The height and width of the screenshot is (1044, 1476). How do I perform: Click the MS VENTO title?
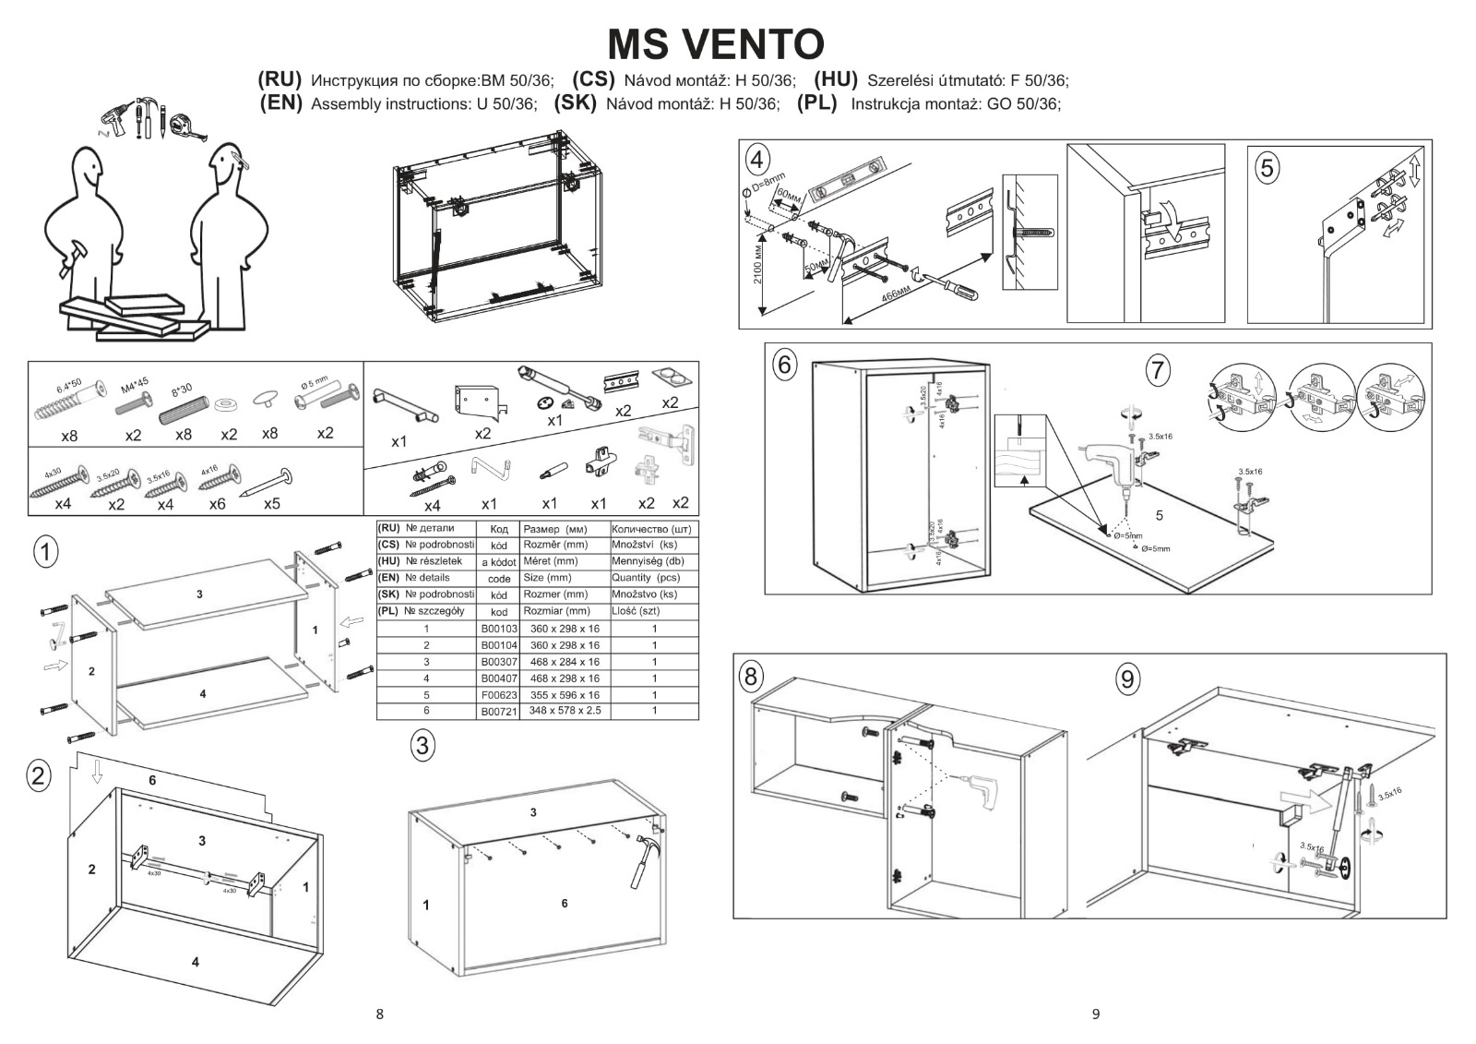715,43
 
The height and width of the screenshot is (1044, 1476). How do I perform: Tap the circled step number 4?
757,160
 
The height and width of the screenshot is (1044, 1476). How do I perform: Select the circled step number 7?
1157,371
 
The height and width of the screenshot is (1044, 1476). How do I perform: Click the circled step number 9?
1126,679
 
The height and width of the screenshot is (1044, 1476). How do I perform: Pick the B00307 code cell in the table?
499,662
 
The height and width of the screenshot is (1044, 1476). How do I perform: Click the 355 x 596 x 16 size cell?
565,695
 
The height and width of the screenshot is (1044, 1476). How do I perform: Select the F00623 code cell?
499,695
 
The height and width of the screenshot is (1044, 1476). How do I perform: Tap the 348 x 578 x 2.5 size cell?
565,711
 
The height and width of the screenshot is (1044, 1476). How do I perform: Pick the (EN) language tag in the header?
281,102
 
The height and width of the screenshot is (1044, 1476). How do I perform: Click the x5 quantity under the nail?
271,504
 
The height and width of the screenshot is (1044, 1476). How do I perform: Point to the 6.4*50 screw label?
70,384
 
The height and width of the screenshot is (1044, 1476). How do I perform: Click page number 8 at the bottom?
379,1014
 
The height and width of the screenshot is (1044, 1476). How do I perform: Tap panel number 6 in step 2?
152,780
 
